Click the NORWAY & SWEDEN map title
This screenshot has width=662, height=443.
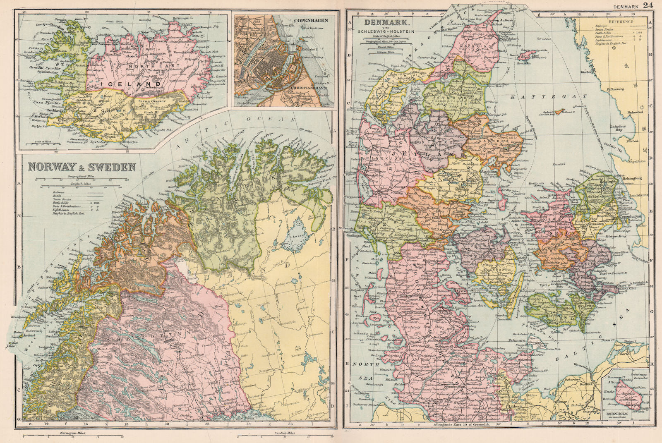pos(82,167)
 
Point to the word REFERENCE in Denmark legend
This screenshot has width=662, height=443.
pos(621,22)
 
